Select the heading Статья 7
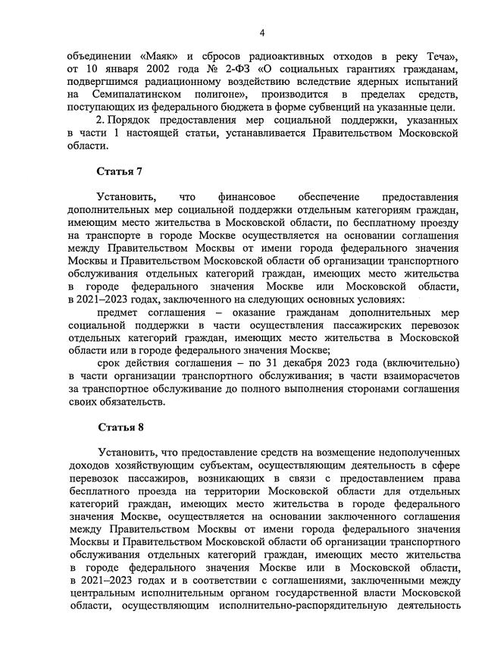point(119,170)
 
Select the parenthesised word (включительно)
point(421,362)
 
